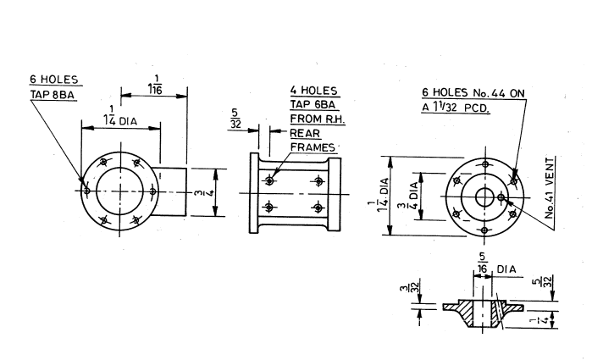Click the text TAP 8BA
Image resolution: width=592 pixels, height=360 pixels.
tap(53, 95)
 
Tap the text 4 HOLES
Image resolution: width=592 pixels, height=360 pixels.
tap(313, 90)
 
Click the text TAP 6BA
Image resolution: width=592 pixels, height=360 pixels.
tap(313, 104)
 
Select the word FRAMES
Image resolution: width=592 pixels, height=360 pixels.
tap(314, 147)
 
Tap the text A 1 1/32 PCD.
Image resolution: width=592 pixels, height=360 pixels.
tap(460, 108)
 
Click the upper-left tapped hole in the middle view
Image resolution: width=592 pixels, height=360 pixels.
tap(269, 180)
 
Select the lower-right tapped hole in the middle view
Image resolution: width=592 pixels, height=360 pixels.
tap(318, 208)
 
